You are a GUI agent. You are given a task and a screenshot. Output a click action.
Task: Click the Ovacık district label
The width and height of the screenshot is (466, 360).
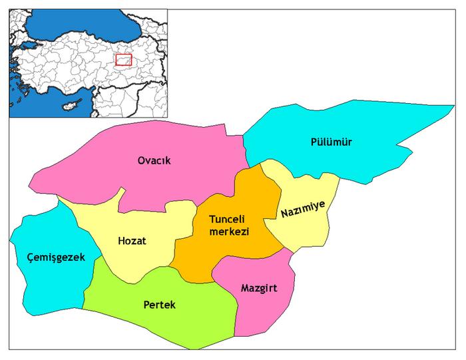point(150,160)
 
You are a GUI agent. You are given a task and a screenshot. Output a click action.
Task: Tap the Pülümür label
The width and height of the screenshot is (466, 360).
point(331,142)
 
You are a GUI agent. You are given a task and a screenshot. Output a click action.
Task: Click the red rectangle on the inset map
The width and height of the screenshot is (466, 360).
point(123,60)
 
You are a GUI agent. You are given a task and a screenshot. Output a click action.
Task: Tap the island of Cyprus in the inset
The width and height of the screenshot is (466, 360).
point(68,106)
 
